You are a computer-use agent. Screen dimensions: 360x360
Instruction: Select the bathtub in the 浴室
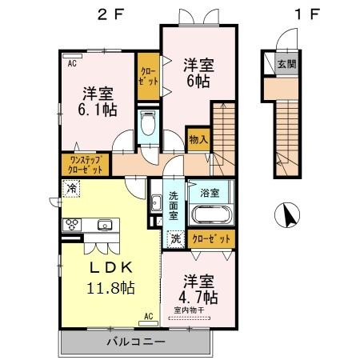pos(212,214)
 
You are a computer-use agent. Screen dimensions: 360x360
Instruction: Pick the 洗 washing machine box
pos(175,238)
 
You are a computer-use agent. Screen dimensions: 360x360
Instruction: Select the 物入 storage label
pos(198,140)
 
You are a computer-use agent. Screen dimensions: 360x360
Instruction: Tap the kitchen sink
pos(102,225)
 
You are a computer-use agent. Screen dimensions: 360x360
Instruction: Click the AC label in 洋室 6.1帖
pos(71,62)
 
